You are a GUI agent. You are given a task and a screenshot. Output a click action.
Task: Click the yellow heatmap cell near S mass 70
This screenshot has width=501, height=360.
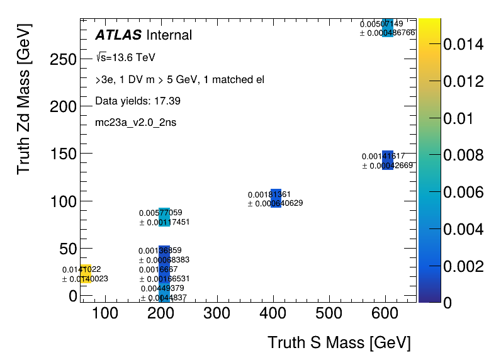[x=86, y=274]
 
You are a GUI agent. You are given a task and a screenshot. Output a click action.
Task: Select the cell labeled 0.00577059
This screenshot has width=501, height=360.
[x=164, y=217]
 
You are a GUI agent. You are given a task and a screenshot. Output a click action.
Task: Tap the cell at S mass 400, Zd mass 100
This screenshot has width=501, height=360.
[x=276, y=198]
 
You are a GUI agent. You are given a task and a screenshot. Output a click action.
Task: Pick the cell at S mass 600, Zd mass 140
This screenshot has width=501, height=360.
[x=388, y=160]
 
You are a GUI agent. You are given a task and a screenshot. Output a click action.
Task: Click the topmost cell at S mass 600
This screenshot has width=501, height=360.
[x=388, y=28]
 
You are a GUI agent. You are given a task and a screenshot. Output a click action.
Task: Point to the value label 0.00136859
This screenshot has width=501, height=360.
[x=160, y=250]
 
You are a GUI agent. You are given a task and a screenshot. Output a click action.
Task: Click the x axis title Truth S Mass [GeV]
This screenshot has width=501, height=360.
[x=339, y=343]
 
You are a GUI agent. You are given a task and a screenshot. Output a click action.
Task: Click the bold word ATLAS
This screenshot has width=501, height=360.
[x=118, y=35]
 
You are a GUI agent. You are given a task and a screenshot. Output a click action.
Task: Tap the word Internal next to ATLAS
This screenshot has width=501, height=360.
[x=169, y=35]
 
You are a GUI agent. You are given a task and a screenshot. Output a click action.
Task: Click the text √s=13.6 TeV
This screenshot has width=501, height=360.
[x=126, y=58]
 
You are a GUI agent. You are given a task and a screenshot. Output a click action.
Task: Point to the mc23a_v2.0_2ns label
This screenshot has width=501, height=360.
[x=135, y=122]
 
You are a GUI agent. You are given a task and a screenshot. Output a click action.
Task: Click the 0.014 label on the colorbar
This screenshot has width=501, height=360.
[x=463, y=44]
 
